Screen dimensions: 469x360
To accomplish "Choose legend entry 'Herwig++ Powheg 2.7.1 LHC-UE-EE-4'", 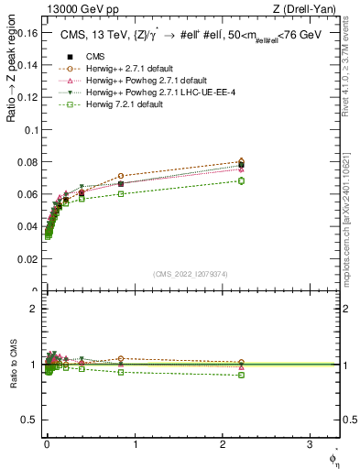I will (x=160, y=92).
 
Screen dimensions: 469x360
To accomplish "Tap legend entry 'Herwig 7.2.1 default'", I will (x=130, y=104).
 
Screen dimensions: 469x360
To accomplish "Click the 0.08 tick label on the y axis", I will (x=27, y=162).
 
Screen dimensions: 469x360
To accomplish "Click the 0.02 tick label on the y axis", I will (x=27, y=259).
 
